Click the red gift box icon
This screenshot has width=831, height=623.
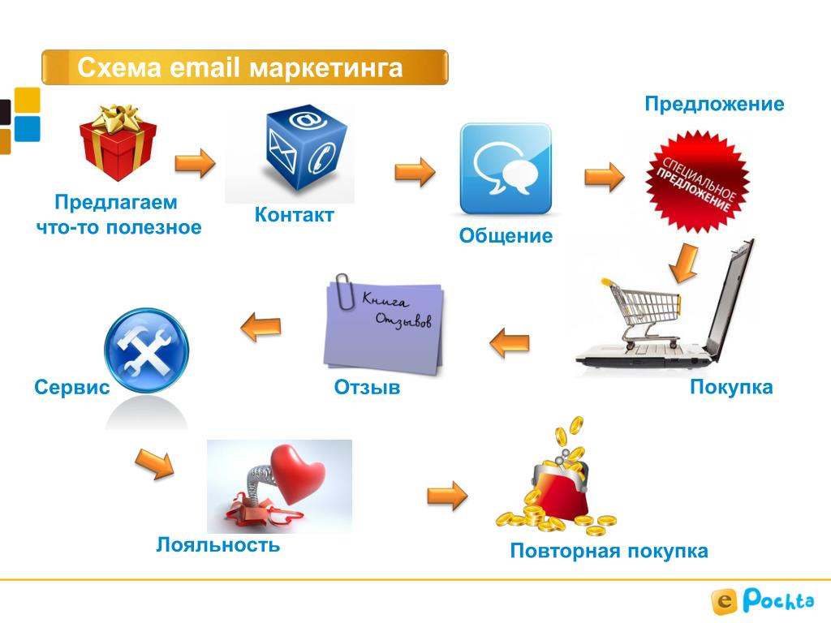pyautogui.click(x=118, y=142)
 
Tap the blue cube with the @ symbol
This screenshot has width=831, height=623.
pyautogui.click(x=306, y=148)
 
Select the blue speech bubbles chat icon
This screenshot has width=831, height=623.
pyautogui.click(x=506, y=169)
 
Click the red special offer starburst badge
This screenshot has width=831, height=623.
pyautogui.click(x=697, y=182)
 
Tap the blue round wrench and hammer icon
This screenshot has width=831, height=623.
pyautogui.click(x=146, y=350)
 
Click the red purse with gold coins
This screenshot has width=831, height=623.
pyautogui.click(x=556, y=477)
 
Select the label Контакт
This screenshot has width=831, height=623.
pyautogui.click(x=294, y=214)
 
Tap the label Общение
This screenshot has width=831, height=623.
pyautogui.click(x=506, y=235)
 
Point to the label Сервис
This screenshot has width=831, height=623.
pyautogui.click(x=72, y=387)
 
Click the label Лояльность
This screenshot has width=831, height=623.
pyautogui.click(x=217, y=544)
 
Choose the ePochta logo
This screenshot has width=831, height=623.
pyautogui.click(x=763, y=601)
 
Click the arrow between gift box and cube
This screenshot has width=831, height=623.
pyautogui.click(x=195, y=162)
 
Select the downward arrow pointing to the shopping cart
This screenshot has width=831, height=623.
pyautogui.click(x=684, y=263)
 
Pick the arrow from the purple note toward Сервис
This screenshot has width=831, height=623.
pyautogui.click(x=260, y=327)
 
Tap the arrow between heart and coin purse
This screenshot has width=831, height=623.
pyautogui.click(x=447, y=496)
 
